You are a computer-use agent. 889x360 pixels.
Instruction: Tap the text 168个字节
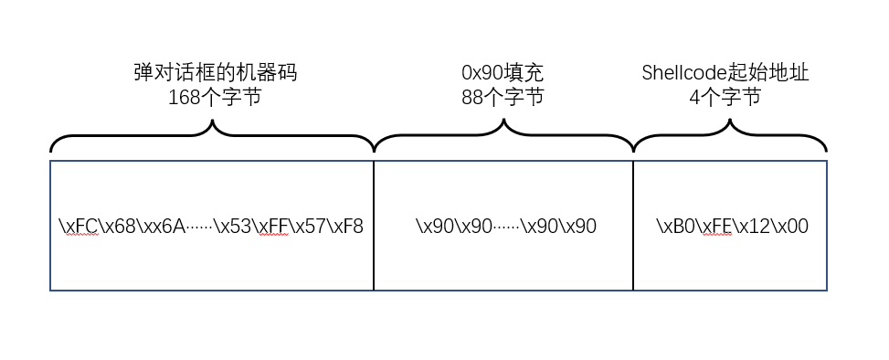click(215, 97)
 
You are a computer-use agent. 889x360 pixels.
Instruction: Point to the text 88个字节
click(503, 97)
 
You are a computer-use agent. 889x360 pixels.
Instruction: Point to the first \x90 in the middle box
click(433, 227)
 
